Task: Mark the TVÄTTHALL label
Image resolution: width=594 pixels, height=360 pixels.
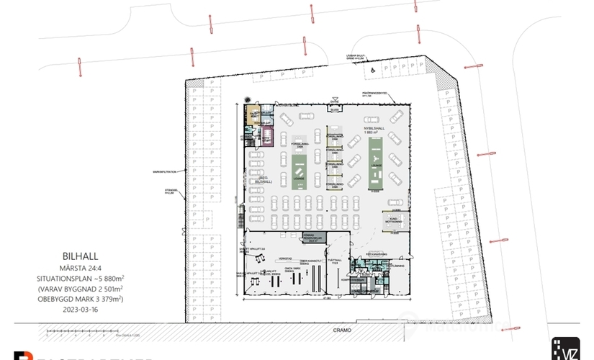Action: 333,261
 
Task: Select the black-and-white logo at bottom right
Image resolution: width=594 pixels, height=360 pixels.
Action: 565,348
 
